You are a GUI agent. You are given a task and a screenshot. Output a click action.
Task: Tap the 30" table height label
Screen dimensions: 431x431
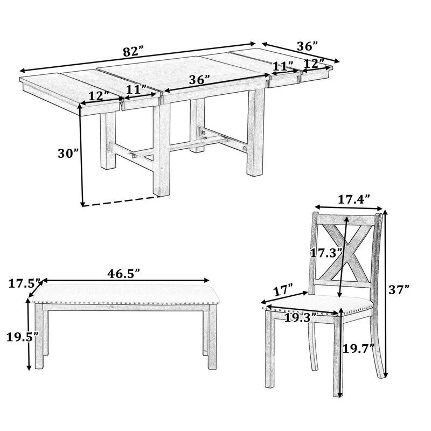pyautogui.click(x=68, y=153)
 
